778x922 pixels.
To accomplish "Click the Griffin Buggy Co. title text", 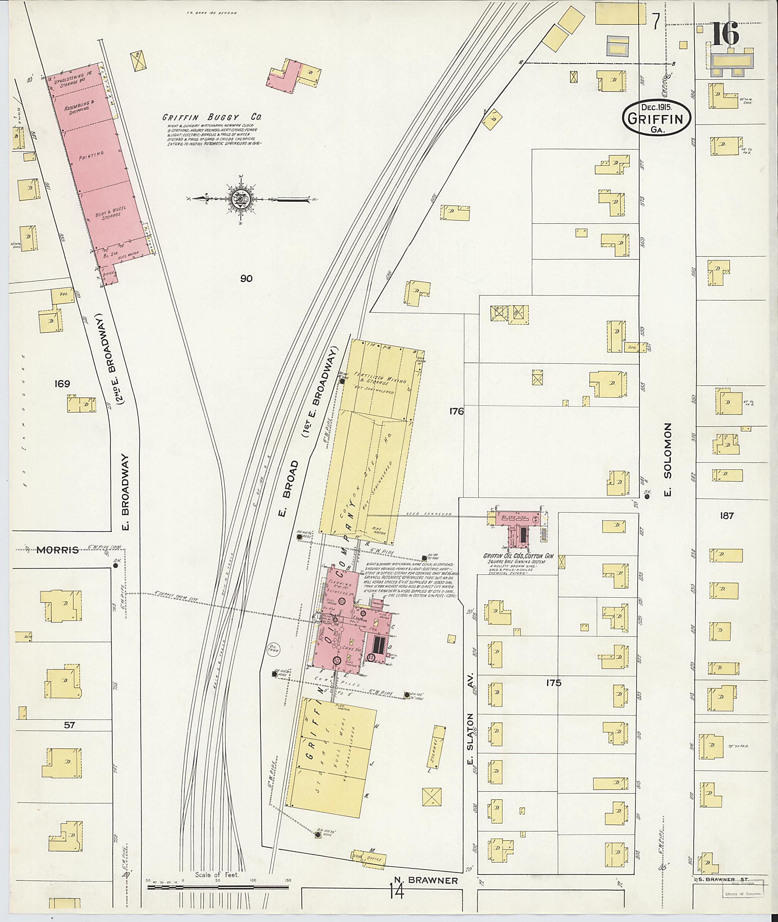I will [211, 118].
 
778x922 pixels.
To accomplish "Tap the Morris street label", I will [57, 550].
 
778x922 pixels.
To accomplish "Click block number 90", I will [246, 278].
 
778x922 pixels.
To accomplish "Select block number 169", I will [62, 383].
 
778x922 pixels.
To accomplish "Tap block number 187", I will [726, 515].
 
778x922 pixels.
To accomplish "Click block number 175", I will [553, 683].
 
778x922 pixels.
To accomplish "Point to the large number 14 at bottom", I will [397, 892].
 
